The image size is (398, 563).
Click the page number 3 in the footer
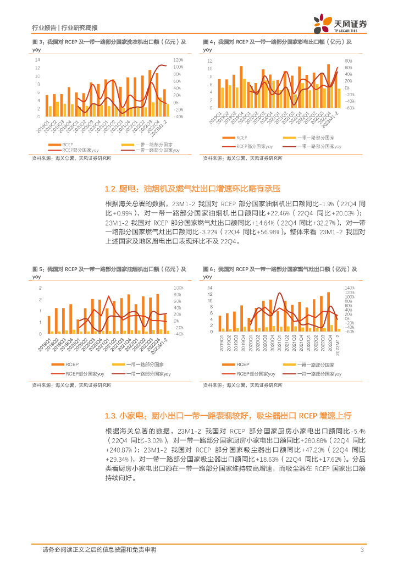coord(362,550)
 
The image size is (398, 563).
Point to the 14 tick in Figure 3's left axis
coord(37,60)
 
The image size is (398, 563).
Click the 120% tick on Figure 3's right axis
coord(178,60)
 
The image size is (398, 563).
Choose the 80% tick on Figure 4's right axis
coord(349,60)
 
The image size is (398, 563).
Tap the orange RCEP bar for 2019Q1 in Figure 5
coord(49,324)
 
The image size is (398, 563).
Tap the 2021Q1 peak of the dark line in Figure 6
coord(280,293)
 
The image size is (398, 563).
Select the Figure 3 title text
coord(109,42)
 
